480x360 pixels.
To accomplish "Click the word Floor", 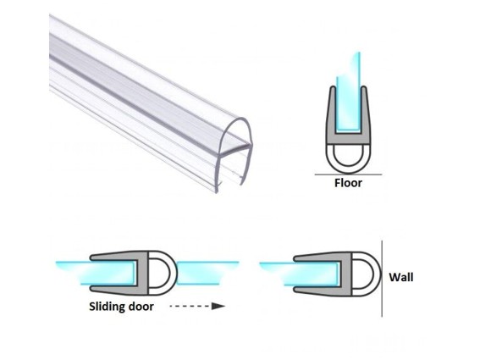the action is [x=348, y=183].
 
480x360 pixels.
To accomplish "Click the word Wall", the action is [x=401, y=277].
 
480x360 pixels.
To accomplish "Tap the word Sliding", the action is [x=108, y=307].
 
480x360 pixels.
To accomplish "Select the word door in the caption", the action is [x=141, y=307].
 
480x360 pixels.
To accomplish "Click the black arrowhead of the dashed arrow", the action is [x=218, y=306].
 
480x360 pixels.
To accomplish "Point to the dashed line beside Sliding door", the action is [x=190, y=306].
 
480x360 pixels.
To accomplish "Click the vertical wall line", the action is [x=382, y=279].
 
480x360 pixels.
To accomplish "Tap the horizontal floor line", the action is [x=349, y=174].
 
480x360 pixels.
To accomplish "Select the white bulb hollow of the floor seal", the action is [x=348, y=155].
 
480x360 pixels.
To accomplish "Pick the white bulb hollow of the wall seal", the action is [x=363, y=274].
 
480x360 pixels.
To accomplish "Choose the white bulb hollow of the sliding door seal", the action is [x=160, y=274].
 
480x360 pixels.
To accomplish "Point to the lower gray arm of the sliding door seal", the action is [x=116, y=289].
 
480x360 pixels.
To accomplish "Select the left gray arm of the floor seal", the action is [x=332, y=114].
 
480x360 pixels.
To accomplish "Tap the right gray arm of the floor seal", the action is [x=365, y=114].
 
